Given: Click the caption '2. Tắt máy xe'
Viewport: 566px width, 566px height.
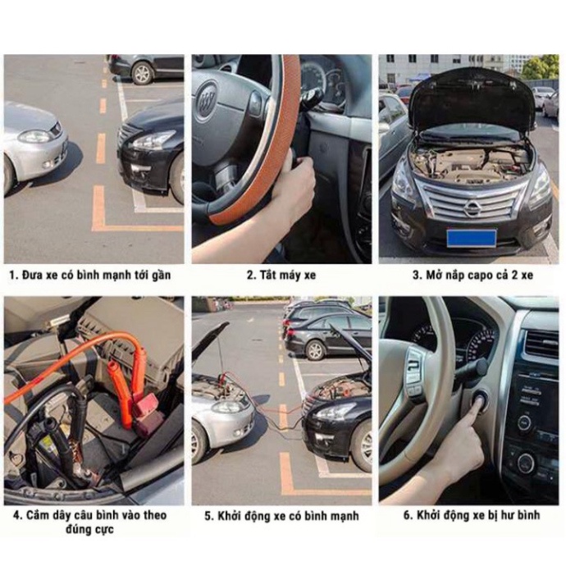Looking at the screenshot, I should point(281,275).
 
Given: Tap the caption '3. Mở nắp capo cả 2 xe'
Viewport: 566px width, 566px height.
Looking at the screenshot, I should point(472,275).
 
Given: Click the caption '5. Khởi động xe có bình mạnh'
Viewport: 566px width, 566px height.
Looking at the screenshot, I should point(281,516).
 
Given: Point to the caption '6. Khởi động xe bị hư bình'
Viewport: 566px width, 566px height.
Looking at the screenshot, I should point(472,516).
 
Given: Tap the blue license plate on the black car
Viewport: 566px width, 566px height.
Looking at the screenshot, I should point(471,238).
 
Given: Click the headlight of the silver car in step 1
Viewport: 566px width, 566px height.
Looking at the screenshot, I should point(35,136).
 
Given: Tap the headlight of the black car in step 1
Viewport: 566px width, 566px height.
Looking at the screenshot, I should point(153,140).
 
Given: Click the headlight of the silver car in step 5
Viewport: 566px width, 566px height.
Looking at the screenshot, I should point(229,406).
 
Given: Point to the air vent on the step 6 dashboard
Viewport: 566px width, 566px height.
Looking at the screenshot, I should point(541,344).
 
